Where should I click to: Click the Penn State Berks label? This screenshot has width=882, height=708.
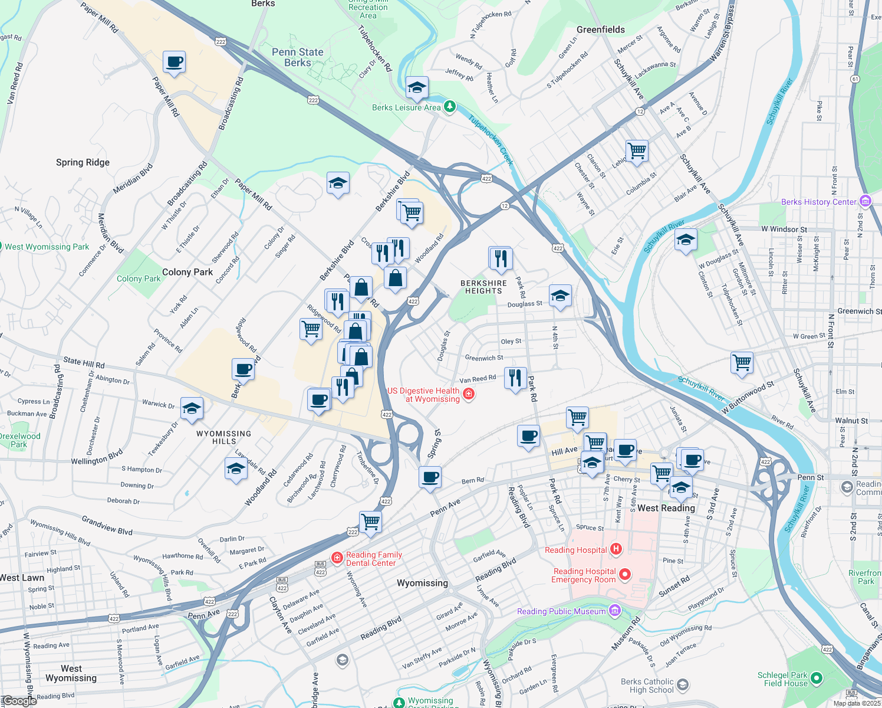298,57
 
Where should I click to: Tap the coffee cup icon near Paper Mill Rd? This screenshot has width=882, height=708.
175,61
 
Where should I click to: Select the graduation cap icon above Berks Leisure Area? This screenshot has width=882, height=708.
417,88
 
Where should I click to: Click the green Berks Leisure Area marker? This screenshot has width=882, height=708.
450,107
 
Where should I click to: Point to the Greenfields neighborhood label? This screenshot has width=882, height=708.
600,29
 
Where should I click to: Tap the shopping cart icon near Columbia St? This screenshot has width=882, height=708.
637,150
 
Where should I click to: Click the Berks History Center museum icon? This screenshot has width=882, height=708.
865,201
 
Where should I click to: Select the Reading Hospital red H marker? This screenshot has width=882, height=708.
616,549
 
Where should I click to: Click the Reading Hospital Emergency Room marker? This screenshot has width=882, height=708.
625,574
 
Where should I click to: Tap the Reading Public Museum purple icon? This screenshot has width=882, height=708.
615,610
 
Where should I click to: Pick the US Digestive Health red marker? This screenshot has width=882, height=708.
469,394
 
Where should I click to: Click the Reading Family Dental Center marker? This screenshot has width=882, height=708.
337,558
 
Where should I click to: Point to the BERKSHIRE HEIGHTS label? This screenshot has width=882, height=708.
483,287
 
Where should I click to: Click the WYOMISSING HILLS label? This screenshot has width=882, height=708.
223,437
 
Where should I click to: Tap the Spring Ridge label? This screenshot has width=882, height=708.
83,162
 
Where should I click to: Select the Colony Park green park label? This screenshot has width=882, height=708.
139,278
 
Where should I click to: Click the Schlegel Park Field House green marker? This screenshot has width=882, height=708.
817,678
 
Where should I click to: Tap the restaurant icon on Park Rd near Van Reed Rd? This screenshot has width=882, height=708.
515,378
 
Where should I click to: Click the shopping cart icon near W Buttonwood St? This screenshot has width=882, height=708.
742,362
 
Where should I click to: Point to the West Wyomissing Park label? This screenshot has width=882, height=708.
47,247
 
